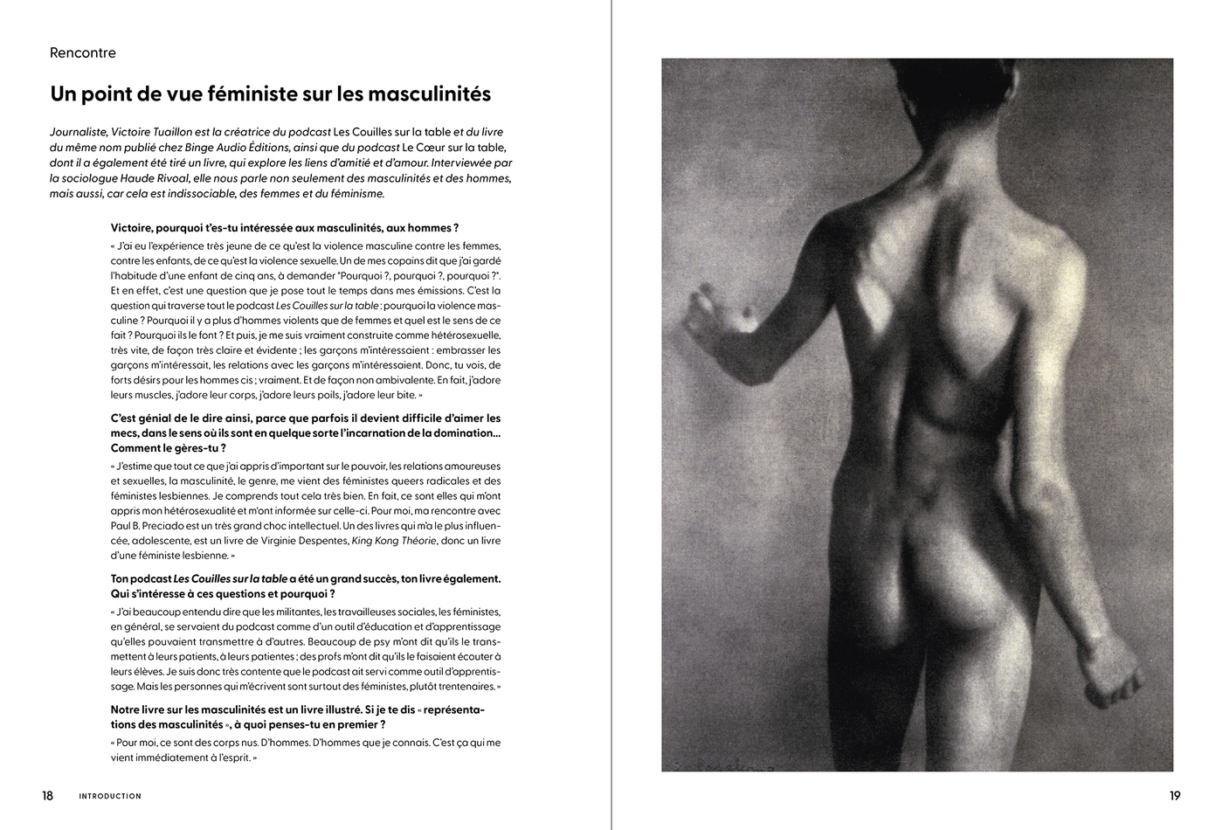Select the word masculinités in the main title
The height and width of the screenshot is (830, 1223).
[x=425, y=93]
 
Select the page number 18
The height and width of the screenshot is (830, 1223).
[x=47, y=796]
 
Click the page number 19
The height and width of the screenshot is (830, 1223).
[x=1175, y=796]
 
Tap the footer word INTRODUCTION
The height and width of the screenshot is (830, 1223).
[x=110, y=797]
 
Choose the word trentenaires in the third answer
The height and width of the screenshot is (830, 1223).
[x=464, y=687]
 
